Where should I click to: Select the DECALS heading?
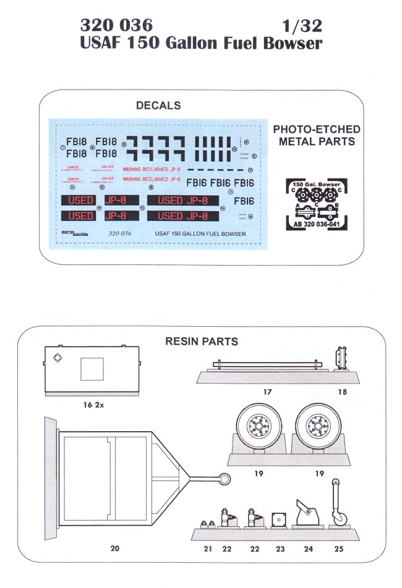point(158,106)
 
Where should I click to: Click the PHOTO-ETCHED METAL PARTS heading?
point(317,135)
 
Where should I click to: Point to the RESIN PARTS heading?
point(201,342)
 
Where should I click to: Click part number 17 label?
point(267,392)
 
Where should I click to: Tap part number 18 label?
point(342,392)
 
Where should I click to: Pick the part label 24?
point(308,547)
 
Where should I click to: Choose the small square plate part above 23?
point(278,519)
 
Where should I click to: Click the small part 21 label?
point(208,547)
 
